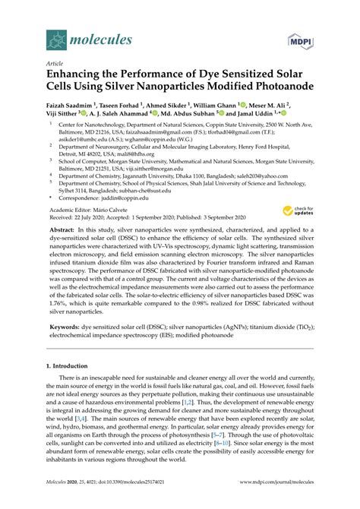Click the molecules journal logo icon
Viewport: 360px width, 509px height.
pos(55,36)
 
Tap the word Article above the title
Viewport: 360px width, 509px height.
pos(55,64)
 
